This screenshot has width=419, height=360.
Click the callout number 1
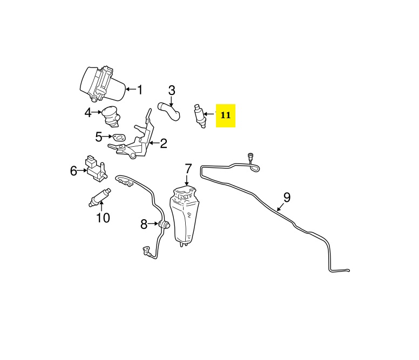pyautogui.click(x=139, y=90)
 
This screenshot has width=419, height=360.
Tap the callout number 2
pyautogui.click(x=163, y=143)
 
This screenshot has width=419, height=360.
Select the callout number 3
pyautogui.click(x=172, y=90)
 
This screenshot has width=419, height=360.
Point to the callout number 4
pyautogui.click(x=88, y=113)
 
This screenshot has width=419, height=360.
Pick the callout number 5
pyautogui.click(x=99, y=137)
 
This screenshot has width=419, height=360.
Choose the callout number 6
pyautogui.click(x=73, y=171)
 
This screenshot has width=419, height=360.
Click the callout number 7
pyautogui.click(x=188, y=168)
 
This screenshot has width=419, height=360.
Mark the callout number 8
pyautogui.click(x=144, y=224)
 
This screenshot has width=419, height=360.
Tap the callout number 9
pyautogui.click(x=287, y=196)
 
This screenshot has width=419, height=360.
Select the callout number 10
pyautogui.click(x=103, y=218)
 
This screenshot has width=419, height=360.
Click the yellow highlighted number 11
pyautogui.click(x=226, y=115)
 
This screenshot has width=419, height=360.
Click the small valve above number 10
pyautogui.click(x=100, y=198)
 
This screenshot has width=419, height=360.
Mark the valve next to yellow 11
pyautogui.click(x=199, y=115)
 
